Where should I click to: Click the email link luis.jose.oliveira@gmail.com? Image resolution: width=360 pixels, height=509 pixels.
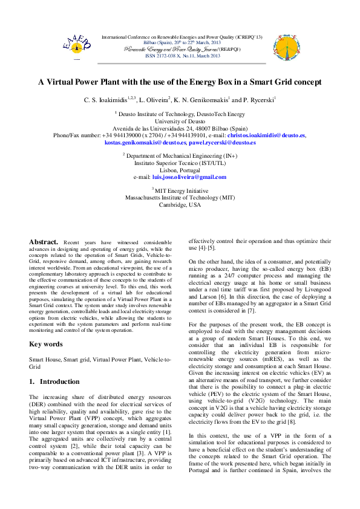(x=189, y=177)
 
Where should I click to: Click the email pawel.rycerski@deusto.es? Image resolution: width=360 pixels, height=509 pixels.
(x=222, y=143)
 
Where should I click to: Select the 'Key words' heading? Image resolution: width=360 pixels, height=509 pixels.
(x=46, y=344)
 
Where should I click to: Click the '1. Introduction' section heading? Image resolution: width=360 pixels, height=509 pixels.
(x=54, y=381)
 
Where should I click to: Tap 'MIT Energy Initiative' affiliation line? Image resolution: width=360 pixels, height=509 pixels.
(x=180, y=190)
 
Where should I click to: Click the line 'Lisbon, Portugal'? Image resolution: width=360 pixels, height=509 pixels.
(x=180, y=170)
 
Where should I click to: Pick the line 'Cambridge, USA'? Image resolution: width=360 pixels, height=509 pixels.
(x=180, y=204)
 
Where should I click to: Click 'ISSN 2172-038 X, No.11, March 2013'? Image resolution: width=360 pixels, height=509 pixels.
(x=180, y=55)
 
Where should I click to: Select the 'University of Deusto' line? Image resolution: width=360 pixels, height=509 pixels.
(x=180, y=121)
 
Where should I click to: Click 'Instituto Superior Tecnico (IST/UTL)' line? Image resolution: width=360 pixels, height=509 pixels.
(x=180, y=163)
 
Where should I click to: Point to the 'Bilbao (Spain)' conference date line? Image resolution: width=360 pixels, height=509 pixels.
(x=180, y=42)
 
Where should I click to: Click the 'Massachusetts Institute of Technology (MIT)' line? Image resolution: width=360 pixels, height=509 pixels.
(x=180, y=197)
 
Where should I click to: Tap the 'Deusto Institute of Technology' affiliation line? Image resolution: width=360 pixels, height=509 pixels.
(x=180, y=113)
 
